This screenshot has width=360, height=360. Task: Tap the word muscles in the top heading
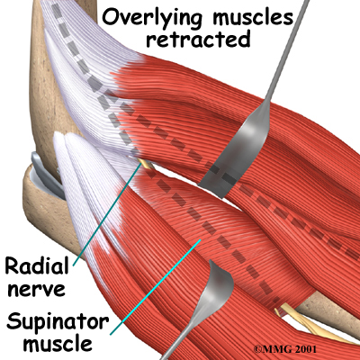[x=253, y=16]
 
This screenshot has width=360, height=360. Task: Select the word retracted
[x=198, y=39]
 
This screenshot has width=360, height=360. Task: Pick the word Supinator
[x=58, y=323]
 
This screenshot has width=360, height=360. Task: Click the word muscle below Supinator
[x=58, y=343]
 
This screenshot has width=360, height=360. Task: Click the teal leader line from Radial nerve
[x=107, y=215]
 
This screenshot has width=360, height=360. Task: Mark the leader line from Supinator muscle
[x=156, y=287]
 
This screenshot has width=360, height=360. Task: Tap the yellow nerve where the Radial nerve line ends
[x=146, y=163]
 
